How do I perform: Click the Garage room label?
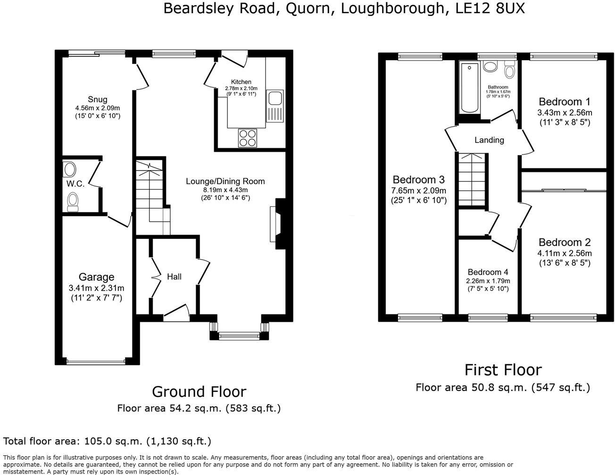(x=96, y=277)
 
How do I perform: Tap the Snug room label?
(x=97, y=99)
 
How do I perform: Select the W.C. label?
(x=75, y=184)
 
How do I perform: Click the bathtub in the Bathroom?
(x=469, y=88)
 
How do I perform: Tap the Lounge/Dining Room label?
(x=225, y=181)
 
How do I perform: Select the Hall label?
(x=174, y=277)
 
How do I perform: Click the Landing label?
(x=489, y=140)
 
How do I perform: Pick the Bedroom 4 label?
(x=488, y=272)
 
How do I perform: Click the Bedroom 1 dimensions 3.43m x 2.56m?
(x=565, y=113)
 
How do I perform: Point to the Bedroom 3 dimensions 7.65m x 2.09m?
(x=419, y=190)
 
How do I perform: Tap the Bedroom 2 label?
(x=565, y=242)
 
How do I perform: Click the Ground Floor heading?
(x=199, y=392)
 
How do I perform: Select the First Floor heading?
(x=503, y=370)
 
